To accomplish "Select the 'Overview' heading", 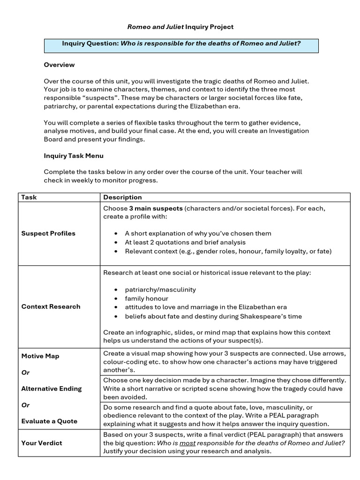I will tap(59, 65).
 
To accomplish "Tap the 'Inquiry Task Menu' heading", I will tap(74, 156).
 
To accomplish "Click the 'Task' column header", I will tap(29, 197).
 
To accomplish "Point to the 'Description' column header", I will tap(122, 197).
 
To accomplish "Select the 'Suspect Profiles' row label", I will tap(48, 233).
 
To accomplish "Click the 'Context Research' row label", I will tap(51, 307).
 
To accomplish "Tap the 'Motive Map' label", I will tap(40, 356).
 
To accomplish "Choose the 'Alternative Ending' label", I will tap(52, 389).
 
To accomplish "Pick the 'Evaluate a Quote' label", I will tap(49, 421).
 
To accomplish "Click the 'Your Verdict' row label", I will tap(42, 443).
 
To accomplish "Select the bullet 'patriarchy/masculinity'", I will tap(160, 290).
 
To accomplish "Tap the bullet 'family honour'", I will tap(146, 299).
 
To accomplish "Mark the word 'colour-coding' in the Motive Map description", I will tap(125, 362).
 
